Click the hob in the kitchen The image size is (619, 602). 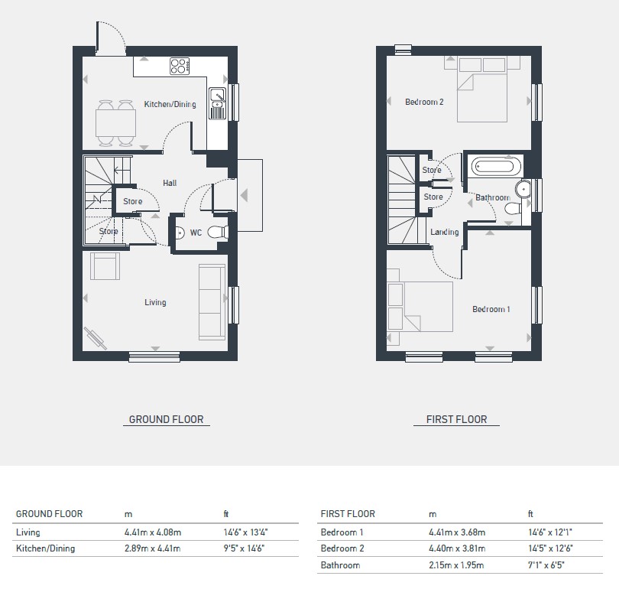coord(180,67)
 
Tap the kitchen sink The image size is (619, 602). coord(217,103)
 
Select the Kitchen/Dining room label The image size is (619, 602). coord(170,104)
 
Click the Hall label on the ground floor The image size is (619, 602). coord(170,183)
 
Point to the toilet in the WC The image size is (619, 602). coord(218,232)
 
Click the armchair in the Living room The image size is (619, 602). coord(105,266)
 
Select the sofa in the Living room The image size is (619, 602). coord(212,302)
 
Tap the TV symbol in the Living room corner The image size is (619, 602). coord(95,338)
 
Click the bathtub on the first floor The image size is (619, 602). coord(495,167)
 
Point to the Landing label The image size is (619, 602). coord(445,232)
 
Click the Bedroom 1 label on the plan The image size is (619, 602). coord(491,309)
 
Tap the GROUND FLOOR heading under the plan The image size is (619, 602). coord(166,419)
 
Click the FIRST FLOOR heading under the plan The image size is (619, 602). coord(457,419)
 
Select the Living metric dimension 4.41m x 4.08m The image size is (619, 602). coord(153,532)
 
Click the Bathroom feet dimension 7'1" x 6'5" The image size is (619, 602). coord(546,565)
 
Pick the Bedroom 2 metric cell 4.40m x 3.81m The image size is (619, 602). coord(457,548)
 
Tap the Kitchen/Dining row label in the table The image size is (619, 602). coord(45,548)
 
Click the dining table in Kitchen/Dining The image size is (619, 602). coord(115,123)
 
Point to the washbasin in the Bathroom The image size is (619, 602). coord(523,190)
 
